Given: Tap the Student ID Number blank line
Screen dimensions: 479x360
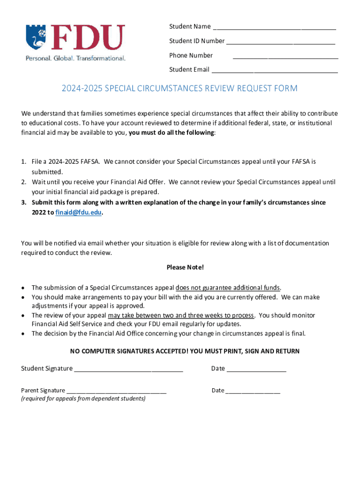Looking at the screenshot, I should click(x=281, y=43).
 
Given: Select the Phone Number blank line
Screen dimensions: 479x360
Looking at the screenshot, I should click(x=285, y=58).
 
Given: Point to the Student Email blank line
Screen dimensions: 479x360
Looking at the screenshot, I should click(x=274, y=72).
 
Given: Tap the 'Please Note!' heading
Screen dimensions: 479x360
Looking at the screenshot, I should click(x=185, y=268).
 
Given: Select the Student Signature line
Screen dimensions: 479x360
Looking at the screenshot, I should click(x=128, y=370).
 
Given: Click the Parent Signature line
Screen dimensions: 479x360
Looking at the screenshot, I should click(x=116, y=392).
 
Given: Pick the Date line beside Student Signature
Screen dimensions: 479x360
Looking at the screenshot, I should click(x=256, y=370).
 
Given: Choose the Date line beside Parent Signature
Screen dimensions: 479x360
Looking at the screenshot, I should click(x=253, y=392).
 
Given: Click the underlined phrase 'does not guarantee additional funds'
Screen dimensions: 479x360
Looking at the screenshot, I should click(x=228, y=288).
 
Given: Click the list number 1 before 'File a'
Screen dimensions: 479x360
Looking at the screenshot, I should click(x=23, y=162).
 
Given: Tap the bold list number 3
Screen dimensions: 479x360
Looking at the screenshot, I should click(x=23, y=203).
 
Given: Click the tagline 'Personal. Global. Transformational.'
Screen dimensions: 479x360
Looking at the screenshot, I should click(x=75, y=58).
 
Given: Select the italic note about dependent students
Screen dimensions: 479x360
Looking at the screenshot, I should click(x=83, y=399).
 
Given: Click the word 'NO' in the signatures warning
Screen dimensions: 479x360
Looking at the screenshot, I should click(x=75, y=351).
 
